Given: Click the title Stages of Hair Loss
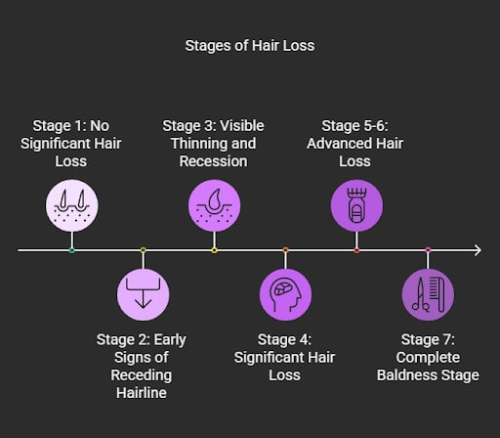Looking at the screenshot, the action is pos(250,46).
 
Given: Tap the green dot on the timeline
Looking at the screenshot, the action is pos(72,250).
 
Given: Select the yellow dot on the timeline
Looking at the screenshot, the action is pos(214,250).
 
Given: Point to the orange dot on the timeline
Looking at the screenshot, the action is pos(285,250).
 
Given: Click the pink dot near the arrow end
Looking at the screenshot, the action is pos(428,250).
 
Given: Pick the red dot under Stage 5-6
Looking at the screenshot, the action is pos(356,250).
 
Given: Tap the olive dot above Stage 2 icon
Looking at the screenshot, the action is pos(144,250).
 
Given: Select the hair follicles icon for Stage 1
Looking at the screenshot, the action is pos(72,205).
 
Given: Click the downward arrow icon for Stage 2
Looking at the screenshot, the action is pos(144,294).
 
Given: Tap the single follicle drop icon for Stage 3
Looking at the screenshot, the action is pos(214,205).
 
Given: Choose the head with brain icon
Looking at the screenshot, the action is pos(285,294).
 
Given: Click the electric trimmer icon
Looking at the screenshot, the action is pos(356,205).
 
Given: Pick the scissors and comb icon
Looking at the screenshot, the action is pos(428,294).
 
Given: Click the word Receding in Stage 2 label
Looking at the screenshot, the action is pos(142,375).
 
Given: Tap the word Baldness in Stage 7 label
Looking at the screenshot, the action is pos(407,375).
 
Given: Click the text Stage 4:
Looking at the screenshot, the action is pos(284,340).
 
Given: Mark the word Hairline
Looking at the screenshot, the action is pos(142,393).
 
